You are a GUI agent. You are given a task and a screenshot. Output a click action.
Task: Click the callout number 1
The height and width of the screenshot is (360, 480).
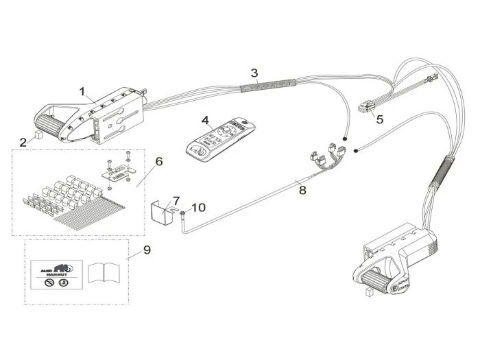[82, 91]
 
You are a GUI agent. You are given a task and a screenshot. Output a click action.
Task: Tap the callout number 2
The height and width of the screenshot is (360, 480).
[23, 142]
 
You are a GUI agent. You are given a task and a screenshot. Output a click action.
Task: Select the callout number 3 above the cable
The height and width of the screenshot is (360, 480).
[254, 72]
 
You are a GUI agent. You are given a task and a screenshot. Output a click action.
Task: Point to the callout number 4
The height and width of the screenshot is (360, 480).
[205, 120]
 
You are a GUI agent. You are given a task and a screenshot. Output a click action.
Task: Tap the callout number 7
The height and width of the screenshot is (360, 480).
[176, 200]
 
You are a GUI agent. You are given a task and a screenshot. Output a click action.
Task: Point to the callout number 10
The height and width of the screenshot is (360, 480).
[197, 206]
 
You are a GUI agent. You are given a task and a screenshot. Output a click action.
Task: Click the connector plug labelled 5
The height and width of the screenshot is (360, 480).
[368, 108]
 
